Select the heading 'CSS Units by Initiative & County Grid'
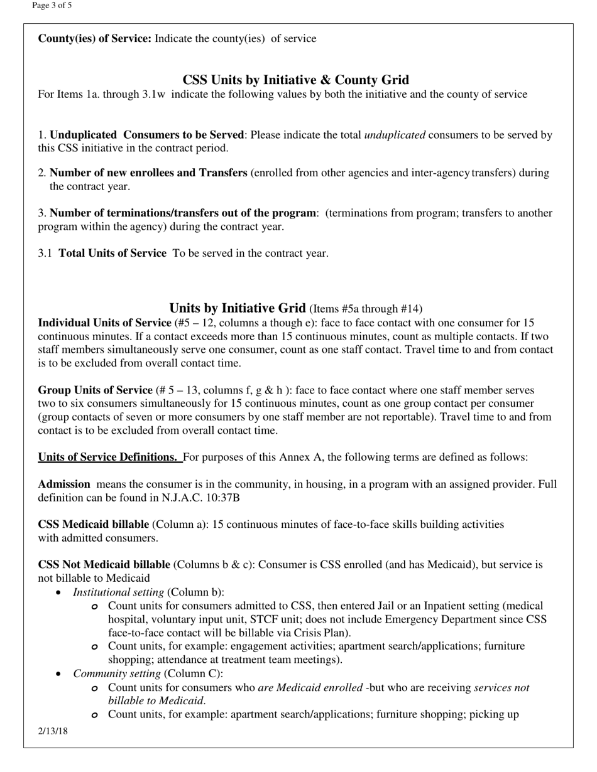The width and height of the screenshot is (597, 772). [295, 80]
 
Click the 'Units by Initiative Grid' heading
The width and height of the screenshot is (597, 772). [237, 308]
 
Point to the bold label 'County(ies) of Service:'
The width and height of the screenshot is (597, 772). [94, 39]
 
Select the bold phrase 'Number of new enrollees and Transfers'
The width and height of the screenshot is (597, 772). [148, 173]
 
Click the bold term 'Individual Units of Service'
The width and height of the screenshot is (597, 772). [104, 323]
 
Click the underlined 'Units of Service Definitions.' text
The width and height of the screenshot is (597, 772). [109, 458]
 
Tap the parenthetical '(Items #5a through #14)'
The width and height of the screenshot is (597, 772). [366, 309]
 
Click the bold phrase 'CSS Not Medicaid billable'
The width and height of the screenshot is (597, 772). [104, 565]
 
